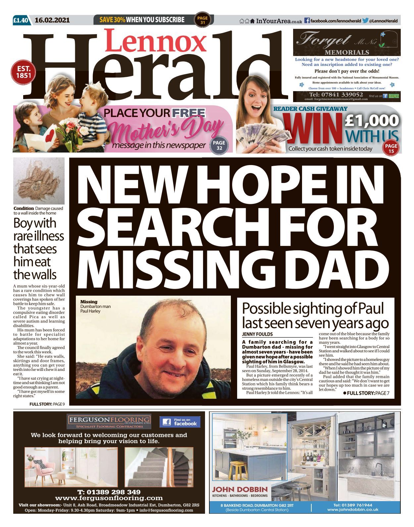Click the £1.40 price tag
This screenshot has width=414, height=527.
(21, 20)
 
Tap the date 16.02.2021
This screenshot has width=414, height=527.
(52, 20)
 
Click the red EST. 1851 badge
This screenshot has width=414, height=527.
(24, 72)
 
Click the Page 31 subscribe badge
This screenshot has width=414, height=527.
(202, 20)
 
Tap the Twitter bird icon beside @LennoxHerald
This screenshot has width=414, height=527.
(365, 21)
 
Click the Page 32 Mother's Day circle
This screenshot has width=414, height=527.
(219, 145)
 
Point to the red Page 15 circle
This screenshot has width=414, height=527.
(391, 148)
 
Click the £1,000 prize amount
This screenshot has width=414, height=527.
(372, 120)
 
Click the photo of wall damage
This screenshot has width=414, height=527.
(39, 181)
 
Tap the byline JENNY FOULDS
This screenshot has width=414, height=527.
(257, 334)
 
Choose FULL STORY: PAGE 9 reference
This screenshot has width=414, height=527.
(47, 404)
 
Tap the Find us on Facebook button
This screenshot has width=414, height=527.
(180, 422)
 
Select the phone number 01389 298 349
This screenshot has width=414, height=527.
(109, 492)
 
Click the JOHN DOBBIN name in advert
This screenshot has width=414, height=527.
(240, 489)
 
